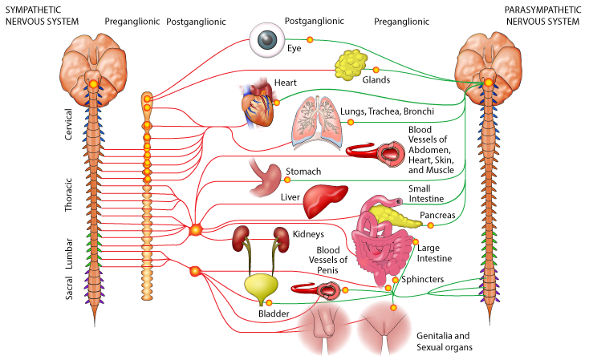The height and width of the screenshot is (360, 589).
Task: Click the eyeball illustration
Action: click(x=266, y=40)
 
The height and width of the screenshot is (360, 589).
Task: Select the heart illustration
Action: click(x=258, y=104)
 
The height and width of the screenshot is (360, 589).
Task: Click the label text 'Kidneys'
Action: click(x=308, y=234)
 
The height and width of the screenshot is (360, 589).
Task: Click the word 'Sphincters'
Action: click(x=422, y=279)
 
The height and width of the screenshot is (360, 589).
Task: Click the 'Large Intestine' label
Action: click(x=435, y=253)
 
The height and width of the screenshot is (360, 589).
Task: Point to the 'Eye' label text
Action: click(x=294, y=49)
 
